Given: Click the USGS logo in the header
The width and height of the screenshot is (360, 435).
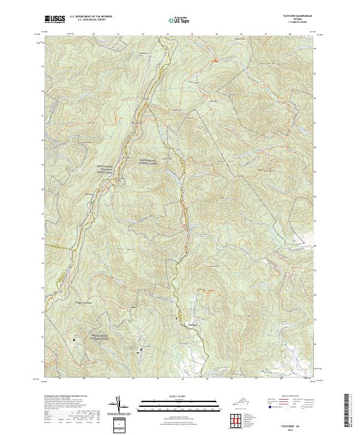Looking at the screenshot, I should coord(54,20).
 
